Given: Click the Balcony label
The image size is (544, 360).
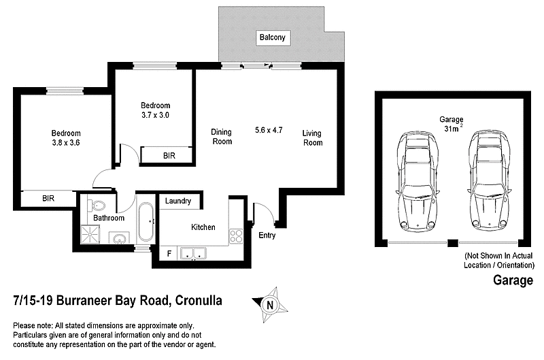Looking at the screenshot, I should click(271, 37).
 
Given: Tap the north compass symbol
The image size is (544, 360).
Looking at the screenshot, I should click(271, 304).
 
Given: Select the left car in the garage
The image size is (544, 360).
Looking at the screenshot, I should click(417, 180).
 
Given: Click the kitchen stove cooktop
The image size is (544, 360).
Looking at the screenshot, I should click(236, 236).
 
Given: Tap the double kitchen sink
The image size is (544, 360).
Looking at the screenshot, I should click(193, 254).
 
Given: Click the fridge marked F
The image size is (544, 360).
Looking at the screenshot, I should click(169, 254).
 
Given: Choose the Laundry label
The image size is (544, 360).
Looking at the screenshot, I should click(178, 201).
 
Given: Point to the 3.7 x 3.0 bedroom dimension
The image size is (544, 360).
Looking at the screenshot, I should click(155, 116).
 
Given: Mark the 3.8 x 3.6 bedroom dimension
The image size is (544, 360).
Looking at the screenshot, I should click(66, 143).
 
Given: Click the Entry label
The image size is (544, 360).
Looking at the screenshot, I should click(267, 235).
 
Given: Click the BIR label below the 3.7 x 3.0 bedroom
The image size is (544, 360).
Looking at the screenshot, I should click(169, 156).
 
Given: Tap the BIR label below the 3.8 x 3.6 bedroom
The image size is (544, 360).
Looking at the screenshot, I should click(48, 199).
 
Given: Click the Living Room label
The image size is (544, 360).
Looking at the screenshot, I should click(312, 138).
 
